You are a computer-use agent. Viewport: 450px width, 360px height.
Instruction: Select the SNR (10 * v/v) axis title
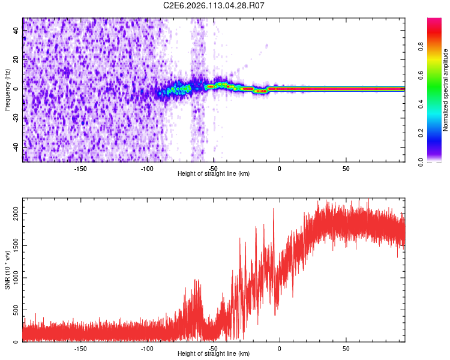coord(7,270)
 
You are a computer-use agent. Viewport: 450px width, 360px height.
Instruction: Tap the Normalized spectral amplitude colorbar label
coord(446,90)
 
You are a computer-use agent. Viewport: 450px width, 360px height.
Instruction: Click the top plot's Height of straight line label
coord(214,173)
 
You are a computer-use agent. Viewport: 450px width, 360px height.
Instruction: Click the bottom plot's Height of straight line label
coord(214,353)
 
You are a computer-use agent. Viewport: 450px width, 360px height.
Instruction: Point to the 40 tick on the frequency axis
coord(16,31)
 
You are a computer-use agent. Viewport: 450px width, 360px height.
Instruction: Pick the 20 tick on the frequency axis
coord(16,60)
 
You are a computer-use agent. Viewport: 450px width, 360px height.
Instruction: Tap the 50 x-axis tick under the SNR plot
coord(346,348)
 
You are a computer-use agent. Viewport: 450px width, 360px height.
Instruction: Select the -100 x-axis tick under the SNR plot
coord(147,348)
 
